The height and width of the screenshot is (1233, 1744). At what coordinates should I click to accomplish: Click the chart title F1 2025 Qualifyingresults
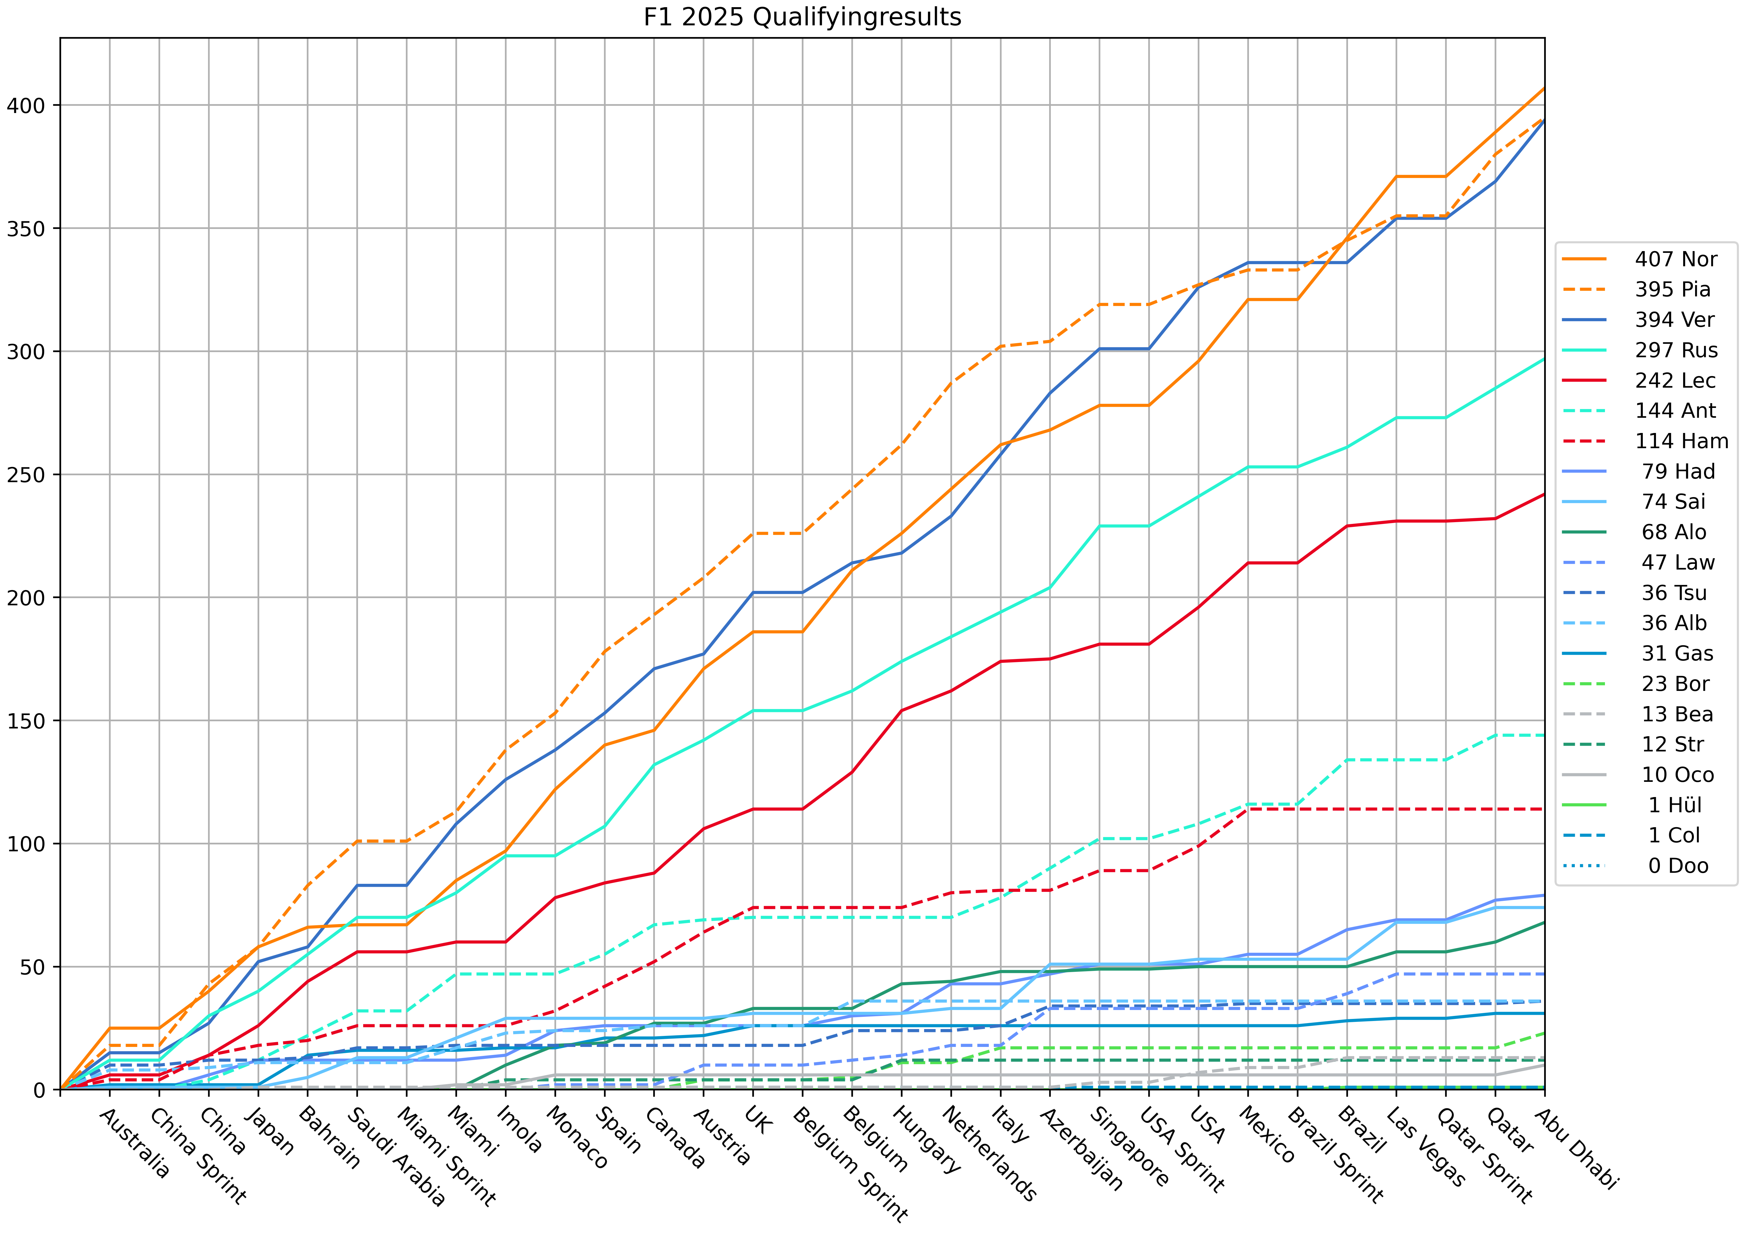point(802,17)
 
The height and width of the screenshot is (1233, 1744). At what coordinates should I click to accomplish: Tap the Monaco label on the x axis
point(577,1137)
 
